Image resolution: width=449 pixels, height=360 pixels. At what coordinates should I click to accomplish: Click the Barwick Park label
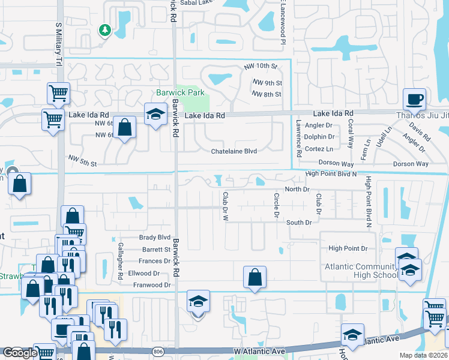click(180, 93)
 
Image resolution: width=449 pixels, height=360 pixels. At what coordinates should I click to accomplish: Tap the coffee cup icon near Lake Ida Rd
click(414, 98)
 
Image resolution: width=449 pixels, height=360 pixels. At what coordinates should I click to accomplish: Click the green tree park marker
click(105, 30)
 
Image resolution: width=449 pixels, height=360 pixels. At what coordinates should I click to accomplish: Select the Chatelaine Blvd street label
click(234, 151)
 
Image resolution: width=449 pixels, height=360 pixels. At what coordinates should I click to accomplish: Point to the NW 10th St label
click(261, 66)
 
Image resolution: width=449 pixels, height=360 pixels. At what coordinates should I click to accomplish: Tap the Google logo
click(19, 353)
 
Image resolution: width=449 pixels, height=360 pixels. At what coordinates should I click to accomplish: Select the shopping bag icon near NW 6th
click(124, 128)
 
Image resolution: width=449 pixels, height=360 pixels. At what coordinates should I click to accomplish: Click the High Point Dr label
click(348, 248)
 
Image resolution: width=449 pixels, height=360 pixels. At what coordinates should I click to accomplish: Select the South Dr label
click(298, 223)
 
